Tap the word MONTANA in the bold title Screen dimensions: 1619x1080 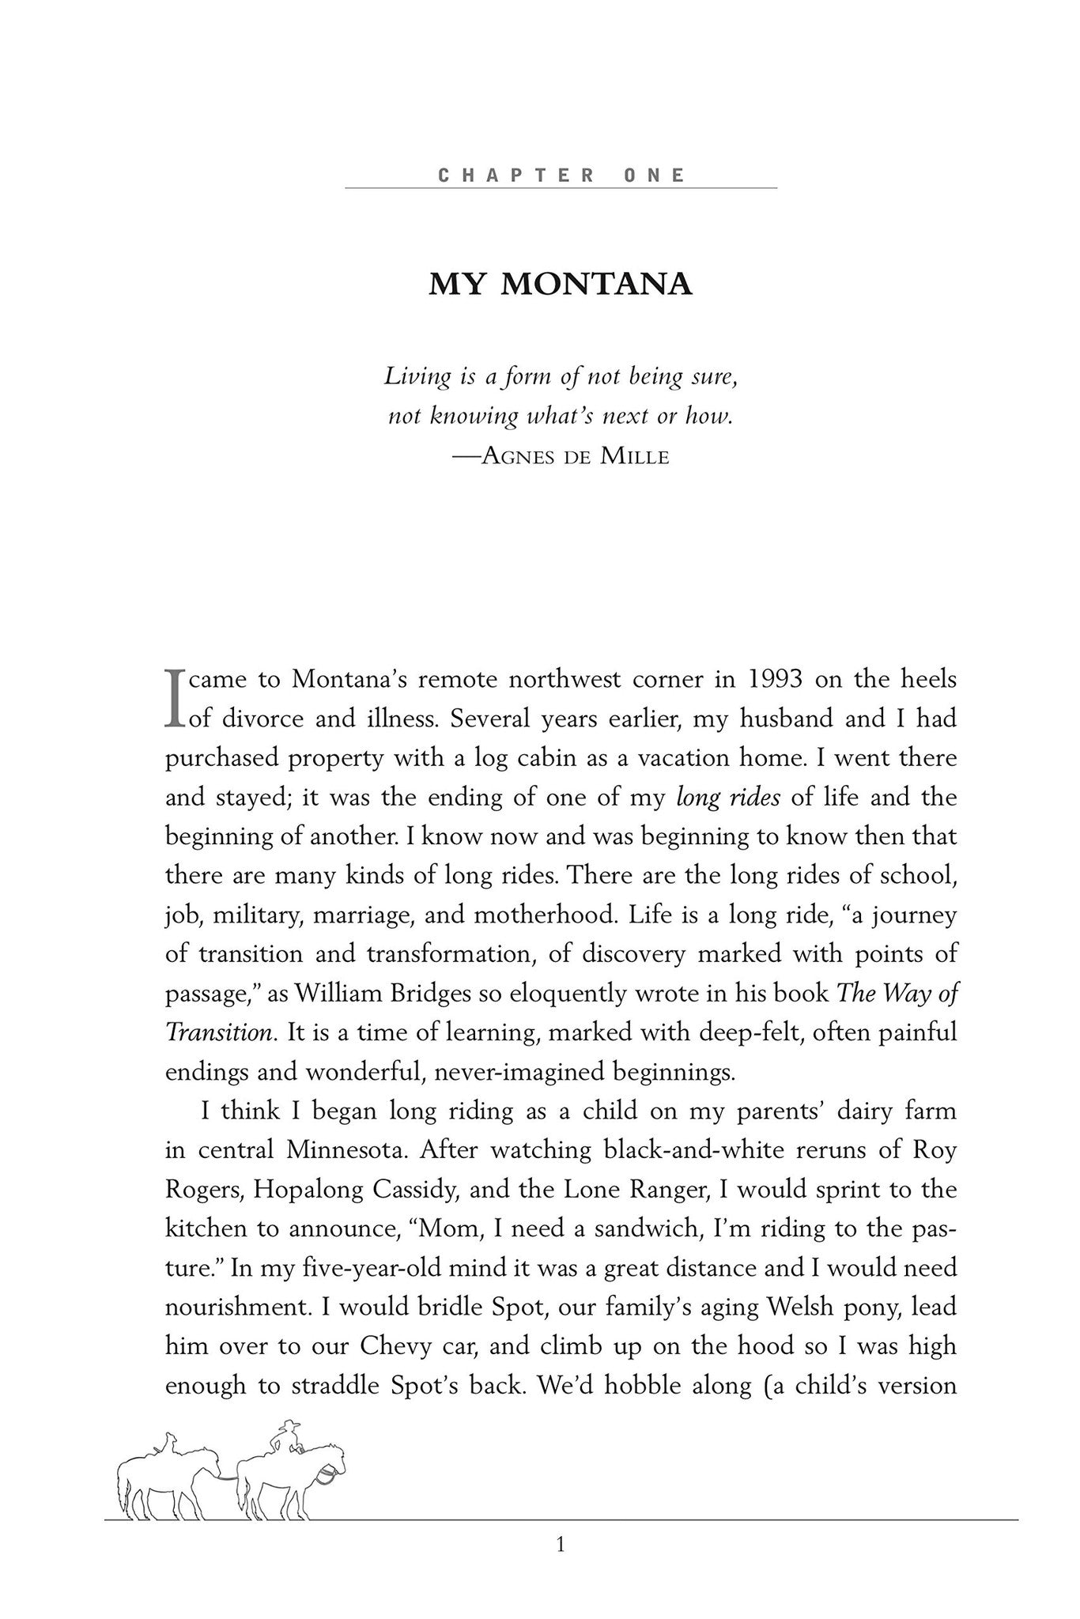pos(596,285)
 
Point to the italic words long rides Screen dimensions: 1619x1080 pos(728,798)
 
